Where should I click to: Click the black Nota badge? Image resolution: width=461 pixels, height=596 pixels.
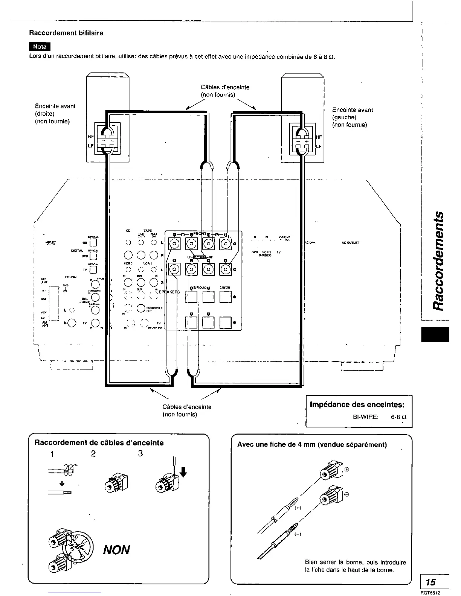(40, 47)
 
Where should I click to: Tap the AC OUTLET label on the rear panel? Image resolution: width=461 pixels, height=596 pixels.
(350, 243)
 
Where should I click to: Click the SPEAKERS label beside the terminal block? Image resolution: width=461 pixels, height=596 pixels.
(169, 292)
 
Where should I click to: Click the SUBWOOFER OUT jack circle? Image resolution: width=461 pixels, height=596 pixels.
(140, 308)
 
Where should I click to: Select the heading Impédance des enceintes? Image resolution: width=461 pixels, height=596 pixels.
(357, 404)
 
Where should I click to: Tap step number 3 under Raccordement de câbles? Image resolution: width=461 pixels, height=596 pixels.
(140, 453)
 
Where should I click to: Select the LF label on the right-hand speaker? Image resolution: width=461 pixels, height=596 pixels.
(319, 146)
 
